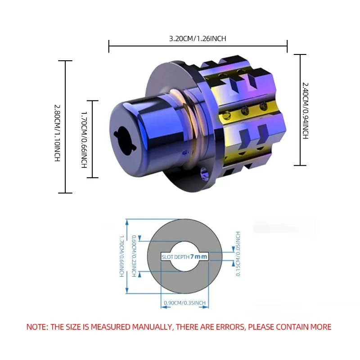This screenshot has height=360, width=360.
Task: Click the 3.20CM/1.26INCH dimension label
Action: (x=198, y=38)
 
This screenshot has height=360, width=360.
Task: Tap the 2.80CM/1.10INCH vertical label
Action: (x=57, y=133)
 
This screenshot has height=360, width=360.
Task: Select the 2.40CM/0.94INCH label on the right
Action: (x=305, y=111)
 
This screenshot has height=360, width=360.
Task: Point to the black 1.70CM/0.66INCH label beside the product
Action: (x=84, y=140)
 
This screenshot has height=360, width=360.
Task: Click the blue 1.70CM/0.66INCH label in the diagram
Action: (x=121, y=256)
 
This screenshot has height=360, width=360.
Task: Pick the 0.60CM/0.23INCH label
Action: (x=134, y=256)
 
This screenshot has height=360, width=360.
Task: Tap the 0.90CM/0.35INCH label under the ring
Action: (x=184, y=303)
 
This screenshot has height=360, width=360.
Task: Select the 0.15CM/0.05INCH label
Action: (x=238, y=253)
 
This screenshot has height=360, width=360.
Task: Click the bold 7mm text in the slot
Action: (x=198, y=256)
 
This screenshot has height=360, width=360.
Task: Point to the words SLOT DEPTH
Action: (x=175, y=257)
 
